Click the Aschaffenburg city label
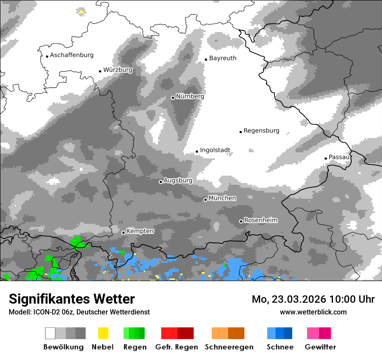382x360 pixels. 72,55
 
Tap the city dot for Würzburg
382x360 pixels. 100,71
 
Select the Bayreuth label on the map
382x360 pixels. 223,58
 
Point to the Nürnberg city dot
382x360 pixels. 173,98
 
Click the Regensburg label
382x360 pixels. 261,131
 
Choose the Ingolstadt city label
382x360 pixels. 215,150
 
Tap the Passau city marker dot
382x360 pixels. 326,158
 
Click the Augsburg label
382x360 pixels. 178,180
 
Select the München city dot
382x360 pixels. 205,200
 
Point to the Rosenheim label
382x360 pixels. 260,220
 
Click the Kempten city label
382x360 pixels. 140,231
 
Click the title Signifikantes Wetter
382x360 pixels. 72,299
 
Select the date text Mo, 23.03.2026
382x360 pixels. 289,299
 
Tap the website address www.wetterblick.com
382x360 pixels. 313,312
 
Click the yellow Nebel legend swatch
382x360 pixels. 103,333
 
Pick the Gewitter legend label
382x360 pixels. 320,347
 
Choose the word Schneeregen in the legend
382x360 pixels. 229,347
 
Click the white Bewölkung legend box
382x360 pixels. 50,333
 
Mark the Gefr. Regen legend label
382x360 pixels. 176,347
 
